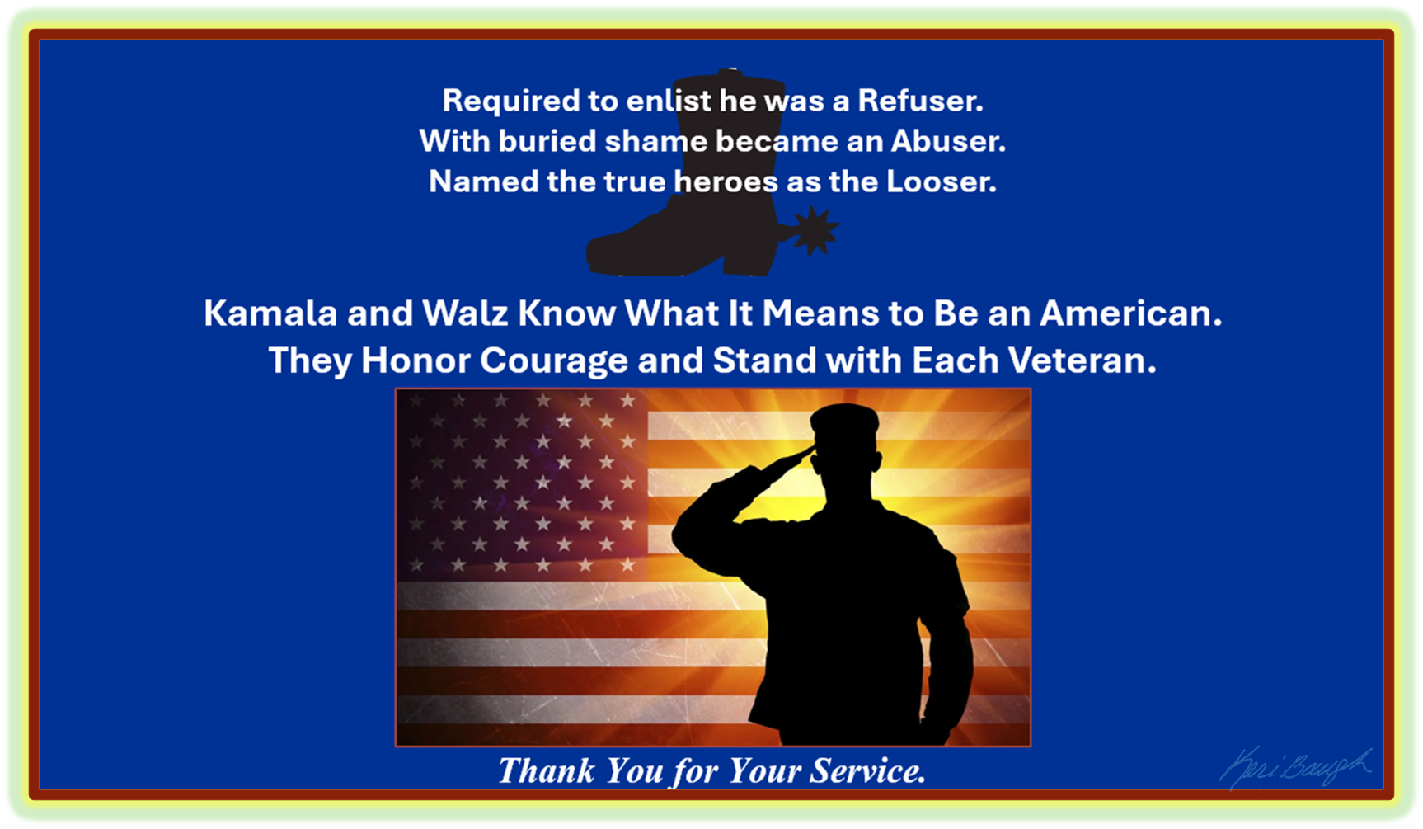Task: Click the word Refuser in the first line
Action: tap(919, 101)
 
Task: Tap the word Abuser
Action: tap(947, 141)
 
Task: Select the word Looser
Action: tap(941, 181)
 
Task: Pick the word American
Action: tap(1130, 313)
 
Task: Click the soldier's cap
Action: tap(844, 419)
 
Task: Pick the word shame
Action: tap(654, 141)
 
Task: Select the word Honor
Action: tap(416, 360)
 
